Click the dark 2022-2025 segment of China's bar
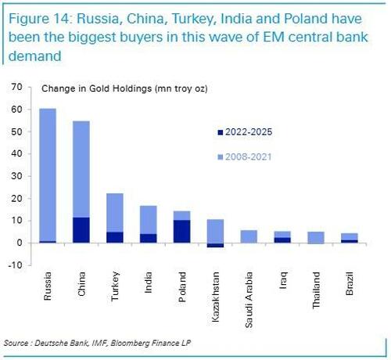pos(81,230)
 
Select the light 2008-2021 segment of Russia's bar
pos(48,175)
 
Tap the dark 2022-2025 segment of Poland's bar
pos(182,232)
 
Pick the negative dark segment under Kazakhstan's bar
pos(215,245)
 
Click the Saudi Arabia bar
pos(249,236)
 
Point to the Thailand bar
pos(316,238)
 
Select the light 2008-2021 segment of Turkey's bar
pos(115,213)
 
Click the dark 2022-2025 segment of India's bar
pos(149,239)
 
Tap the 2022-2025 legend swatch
pos(221,132)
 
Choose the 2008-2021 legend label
pos(248,157)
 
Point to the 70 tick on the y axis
pos(16,87)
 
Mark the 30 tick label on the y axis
pos(16,176)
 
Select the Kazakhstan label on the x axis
pos(215,297)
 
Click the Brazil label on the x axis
pos(350,283)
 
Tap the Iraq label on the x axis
pos(283,280)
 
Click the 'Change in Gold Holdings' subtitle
pos(96,88)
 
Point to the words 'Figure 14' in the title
pos(40,19)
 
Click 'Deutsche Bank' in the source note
pos(61,343)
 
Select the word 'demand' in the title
pos(35,56)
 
